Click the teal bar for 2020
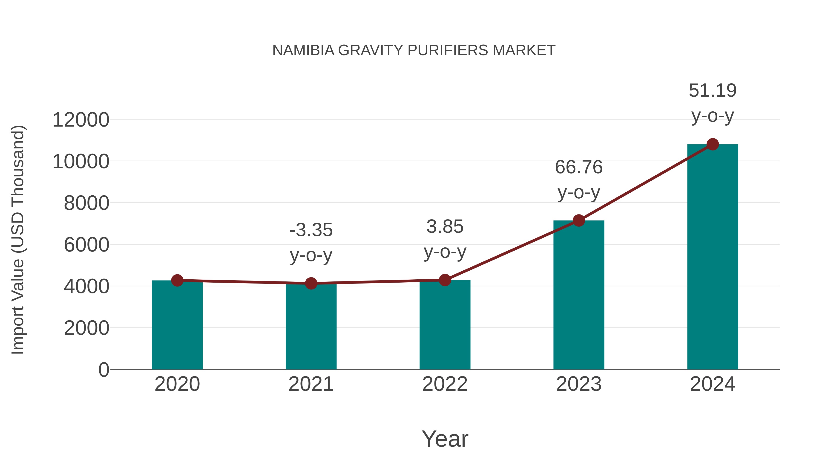tap(177, 325)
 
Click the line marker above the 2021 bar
tap(311, 283)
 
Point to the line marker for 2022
tap(445, 280)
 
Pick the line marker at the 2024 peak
tap(713, 144)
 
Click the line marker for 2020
tap(177, 281)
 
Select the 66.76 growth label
tap(579, 168)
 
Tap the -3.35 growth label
tap(311, 230)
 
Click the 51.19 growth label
tap(713, 91)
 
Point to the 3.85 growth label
tap(445, 227)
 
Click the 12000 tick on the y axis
tap(81, 120)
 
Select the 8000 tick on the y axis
tap(86, 203)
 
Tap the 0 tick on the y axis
tap(104, 370)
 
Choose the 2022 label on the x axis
tap(445, 384)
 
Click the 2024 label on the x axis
tap(713, 384)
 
